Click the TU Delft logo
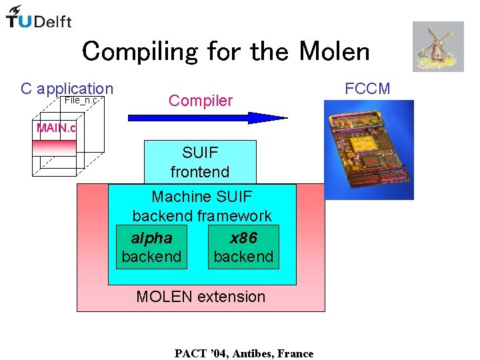coord(39,17)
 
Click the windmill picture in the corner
coord(437,46)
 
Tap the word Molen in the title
coord(335,51)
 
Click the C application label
coord(67,89)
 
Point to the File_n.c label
coord(81,100)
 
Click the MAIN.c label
coord(57,127)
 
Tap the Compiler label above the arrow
coord(201,101)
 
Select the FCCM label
coord(367,89)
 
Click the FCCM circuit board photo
coord(369,149)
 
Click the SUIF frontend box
coord(200,162)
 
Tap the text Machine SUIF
coord(202,197)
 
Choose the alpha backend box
coord(151,247)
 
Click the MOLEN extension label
coord(201,297)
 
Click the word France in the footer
coord(295,353)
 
